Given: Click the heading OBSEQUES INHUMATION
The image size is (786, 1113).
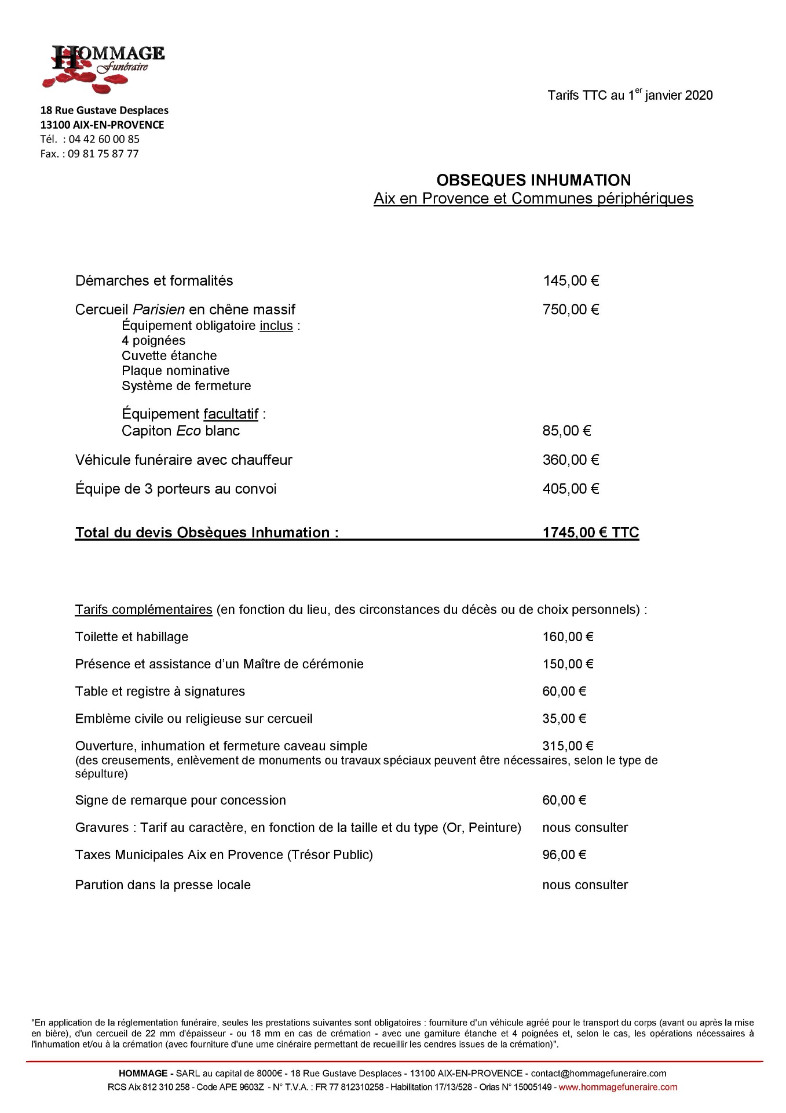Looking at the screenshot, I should [533, 180].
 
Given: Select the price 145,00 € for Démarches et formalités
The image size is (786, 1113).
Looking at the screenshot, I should [571, 281].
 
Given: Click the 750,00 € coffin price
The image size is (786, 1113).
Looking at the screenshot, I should [571, 310].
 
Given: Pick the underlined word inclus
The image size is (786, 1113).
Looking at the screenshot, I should [276, 326].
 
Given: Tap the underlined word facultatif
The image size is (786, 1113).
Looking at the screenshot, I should [231, 414].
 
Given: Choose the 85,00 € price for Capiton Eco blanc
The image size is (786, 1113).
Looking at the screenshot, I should [566, 431].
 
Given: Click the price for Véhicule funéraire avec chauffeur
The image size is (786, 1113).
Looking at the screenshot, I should [571, 460].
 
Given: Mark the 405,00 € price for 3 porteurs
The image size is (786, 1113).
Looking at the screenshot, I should [571, 489].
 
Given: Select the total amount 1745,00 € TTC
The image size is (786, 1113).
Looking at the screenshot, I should [590, 533].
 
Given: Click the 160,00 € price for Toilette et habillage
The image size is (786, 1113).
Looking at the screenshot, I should [568, 637].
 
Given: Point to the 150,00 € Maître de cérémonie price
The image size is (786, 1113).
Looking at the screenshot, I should [568, 664].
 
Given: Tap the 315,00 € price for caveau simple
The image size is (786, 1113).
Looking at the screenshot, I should [568, 746].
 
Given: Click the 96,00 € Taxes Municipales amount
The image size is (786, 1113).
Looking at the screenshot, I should [564, 854].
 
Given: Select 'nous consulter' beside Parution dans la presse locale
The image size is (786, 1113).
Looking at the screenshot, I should [585, 885].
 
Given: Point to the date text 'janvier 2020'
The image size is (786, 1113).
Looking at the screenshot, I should [678, 96].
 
